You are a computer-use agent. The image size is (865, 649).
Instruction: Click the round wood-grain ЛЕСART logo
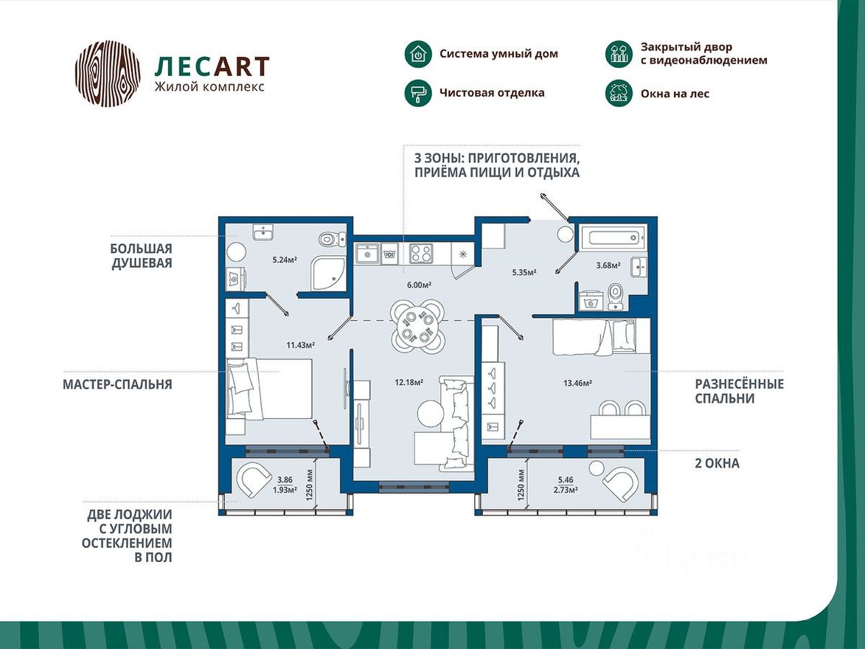tap(108, 74)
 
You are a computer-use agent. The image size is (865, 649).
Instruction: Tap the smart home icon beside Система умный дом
tap(417, 54)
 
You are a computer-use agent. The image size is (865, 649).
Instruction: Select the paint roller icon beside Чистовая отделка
tap(417, 93)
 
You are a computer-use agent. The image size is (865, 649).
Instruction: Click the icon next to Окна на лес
tap(618, 93)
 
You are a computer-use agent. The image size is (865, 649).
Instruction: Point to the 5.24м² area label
tap(284, 260)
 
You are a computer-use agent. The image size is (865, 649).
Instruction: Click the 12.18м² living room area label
tap(409, 382)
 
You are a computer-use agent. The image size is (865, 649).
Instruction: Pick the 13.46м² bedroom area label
tap(577, 382)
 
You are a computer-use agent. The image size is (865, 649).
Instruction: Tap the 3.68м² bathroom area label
tap(608, 265)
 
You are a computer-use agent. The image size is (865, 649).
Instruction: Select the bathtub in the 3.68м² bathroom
tap(613, 239)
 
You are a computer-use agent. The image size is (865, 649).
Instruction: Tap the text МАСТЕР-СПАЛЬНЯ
tap(117, 384)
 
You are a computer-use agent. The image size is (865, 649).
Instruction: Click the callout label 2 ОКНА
tap(718, 463)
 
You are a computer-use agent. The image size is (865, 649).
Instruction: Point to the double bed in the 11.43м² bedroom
tap(269, 389)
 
